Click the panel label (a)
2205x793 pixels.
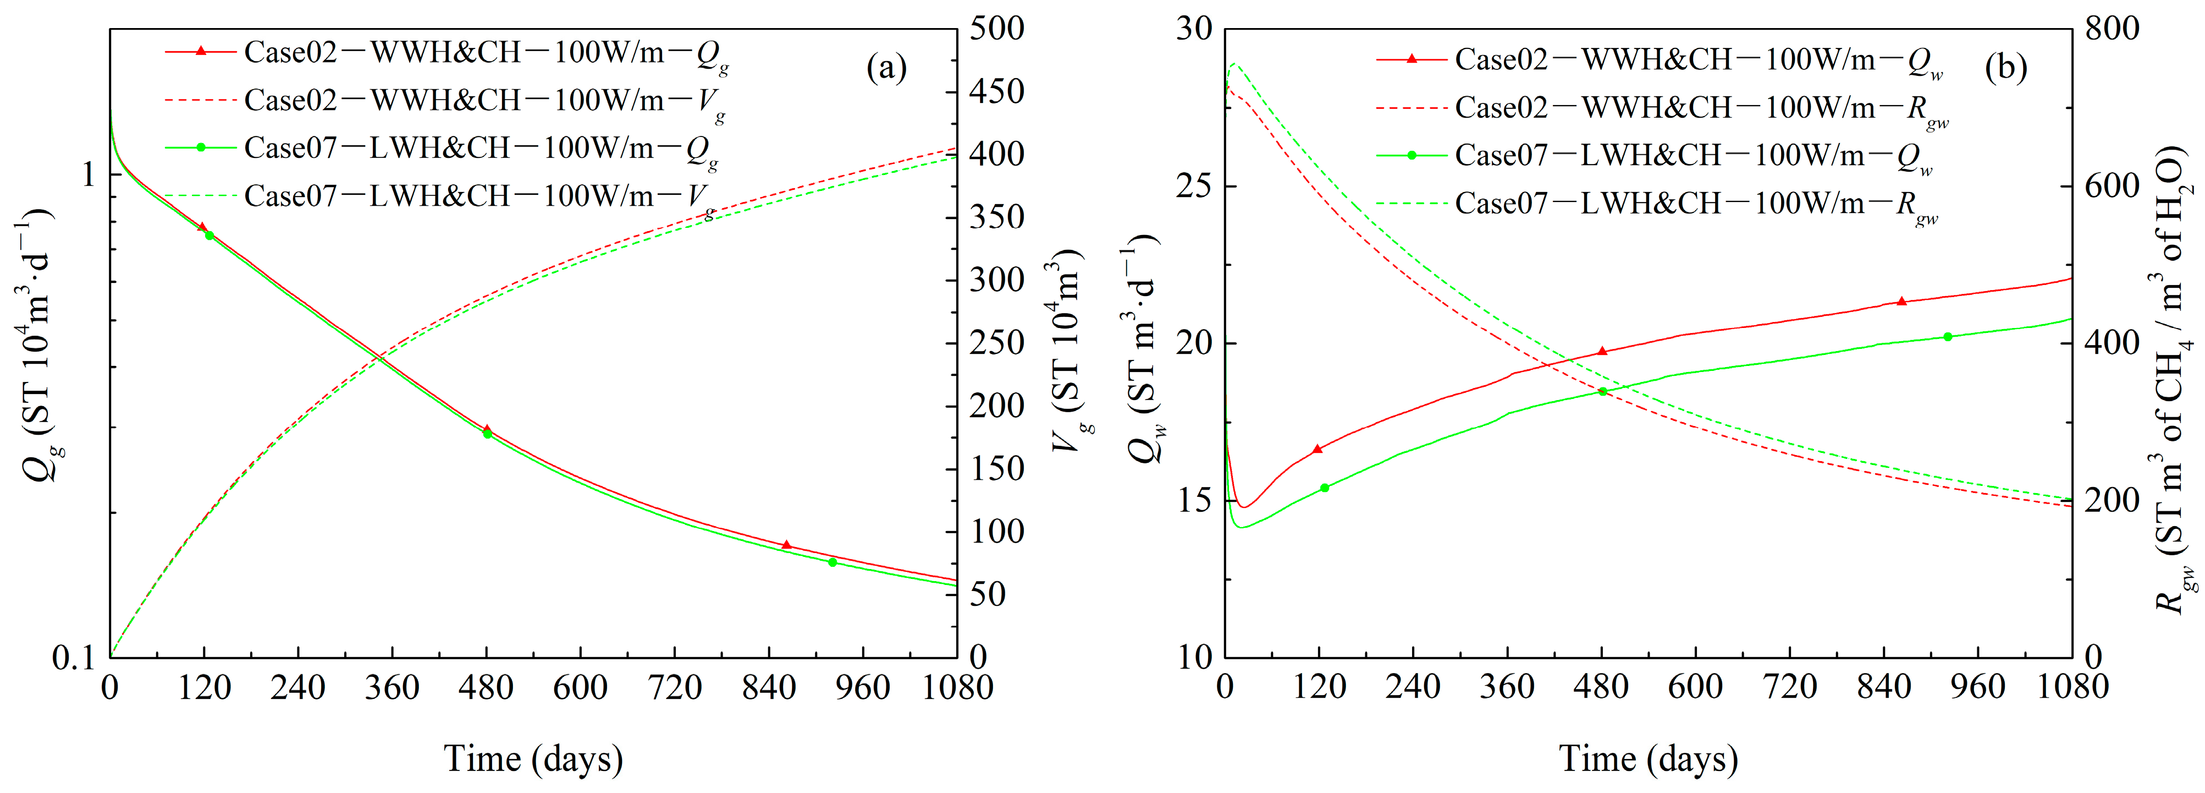[886, 68]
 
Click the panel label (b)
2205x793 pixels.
[2005, 68]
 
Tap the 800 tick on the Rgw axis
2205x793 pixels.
[2112, 29]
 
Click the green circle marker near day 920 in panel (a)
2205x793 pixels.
[832, 562]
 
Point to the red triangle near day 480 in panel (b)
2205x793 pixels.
[1602, 351]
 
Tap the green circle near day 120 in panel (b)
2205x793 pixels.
[1324, 488]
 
